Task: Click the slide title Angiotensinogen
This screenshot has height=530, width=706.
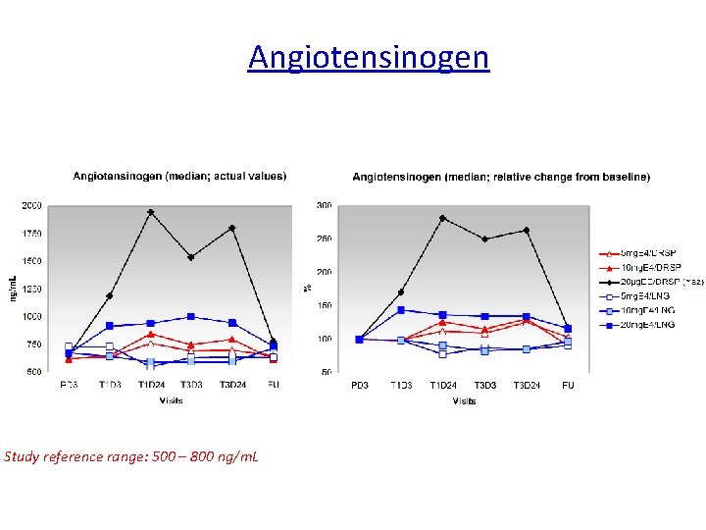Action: [368, 57]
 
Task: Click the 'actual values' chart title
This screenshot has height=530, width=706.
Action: [179, 177]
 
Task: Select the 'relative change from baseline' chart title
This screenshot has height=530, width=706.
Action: [500, 177]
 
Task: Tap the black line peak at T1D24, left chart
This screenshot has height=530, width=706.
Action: [150, 212]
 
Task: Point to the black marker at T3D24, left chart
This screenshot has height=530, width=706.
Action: [232, 229]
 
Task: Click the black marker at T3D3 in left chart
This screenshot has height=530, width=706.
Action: [191, 257]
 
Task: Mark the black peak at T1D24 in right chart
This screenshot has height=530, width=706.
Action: [443, 218]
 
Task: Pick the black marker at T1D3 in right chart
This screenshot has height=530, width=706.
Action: [401, 291]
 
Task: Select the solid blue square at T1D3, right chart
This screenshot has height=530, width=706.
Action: [401, 310]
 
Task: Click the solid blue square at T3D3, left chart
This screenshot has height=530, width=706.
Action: [191, 317]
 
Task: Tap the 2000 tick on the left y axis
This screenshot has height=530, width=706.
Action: [31, 206]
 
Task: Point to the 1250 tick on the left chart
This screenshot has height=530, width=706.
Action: [31, 290]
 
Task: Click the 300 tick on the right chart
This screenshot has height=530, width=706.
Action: [323, 206]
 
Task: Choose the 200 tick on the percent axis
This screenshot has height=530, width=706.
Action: [323, 272]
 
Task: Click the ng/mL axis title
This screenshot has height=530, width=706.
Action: [13, 287]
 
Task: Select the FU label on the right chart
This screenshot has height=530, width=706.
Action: [568, 386]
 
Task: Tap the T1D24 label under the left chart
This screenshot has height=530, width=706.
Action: [151, 385]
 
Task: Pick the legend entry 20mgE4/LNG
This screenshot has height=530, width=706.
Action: [648, 324]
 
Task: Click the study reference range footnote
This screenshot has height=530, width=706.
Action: [131, 456]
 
